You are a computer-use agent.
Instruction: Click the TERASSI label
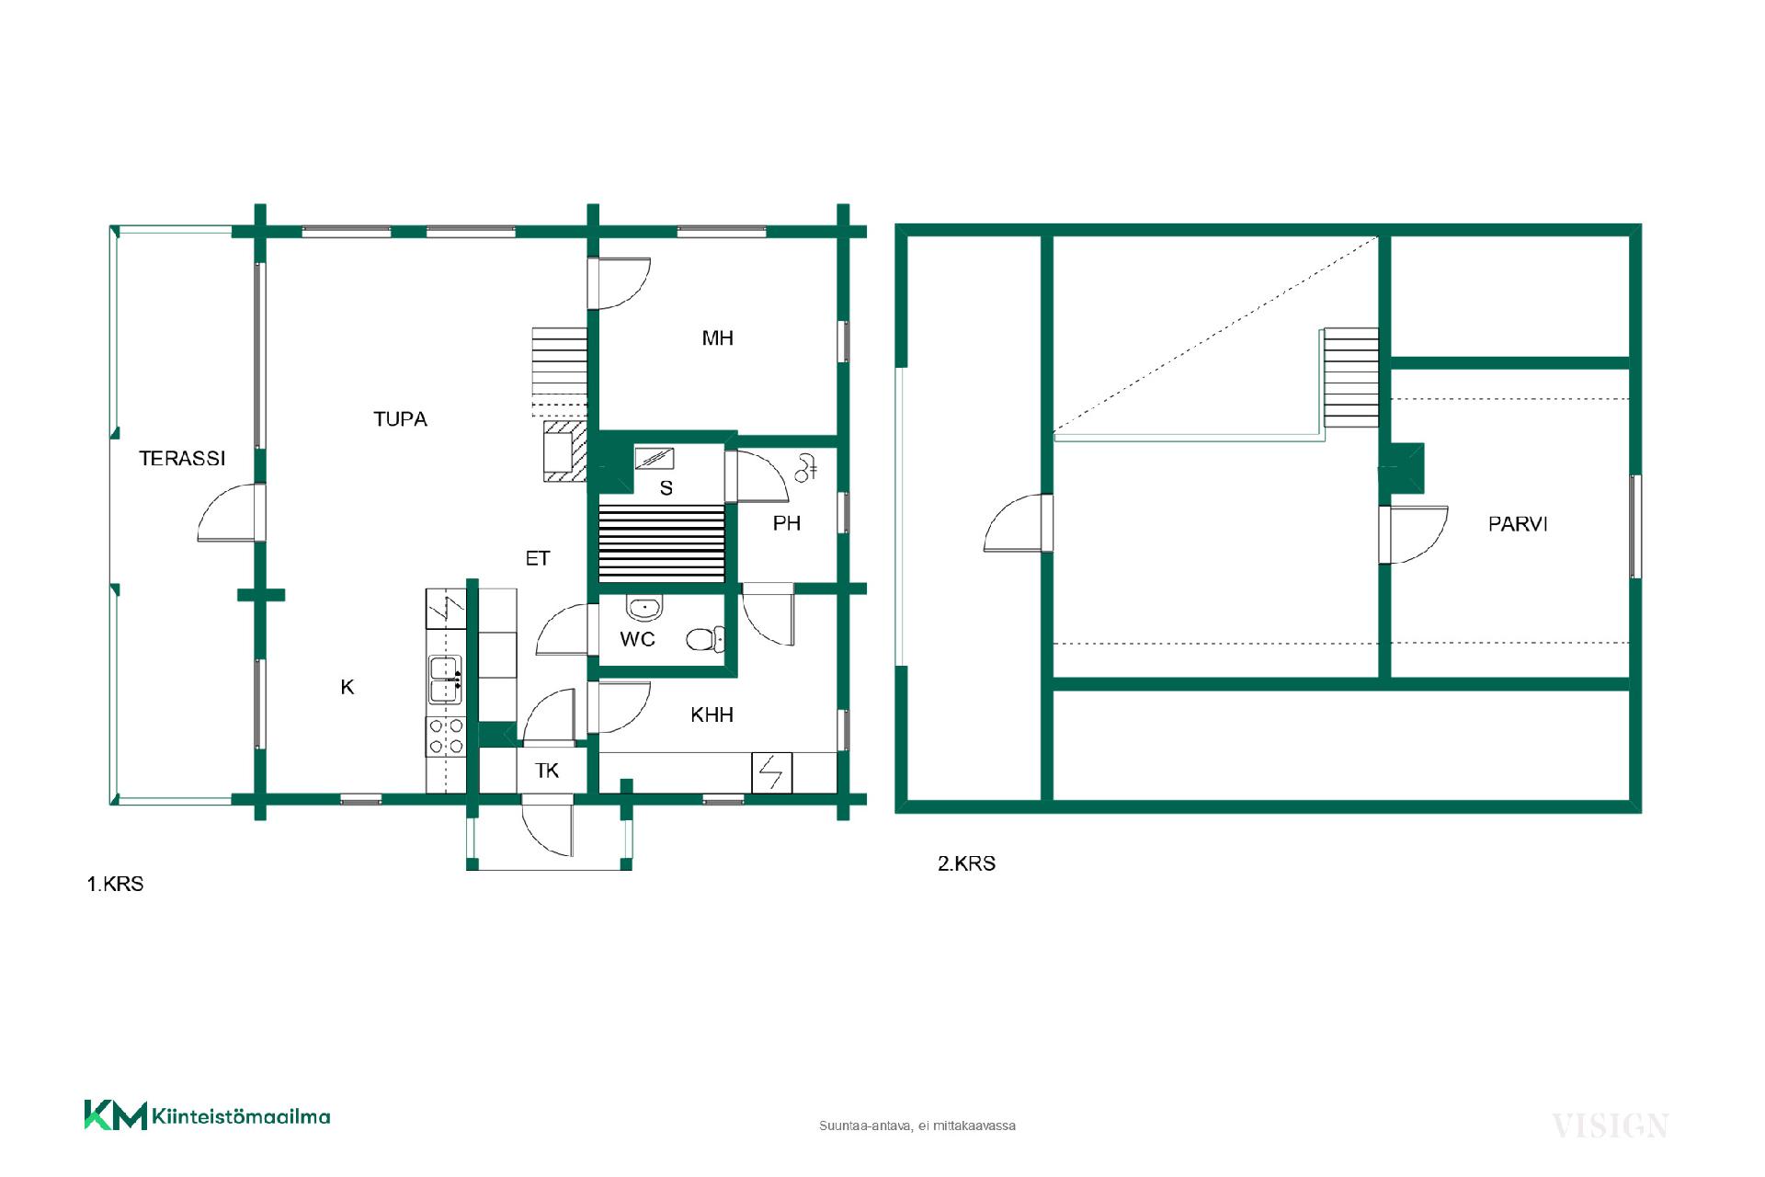182,458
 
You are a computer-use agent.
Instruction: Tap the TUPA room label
400,419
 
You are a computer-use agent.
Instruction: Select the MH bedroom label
718,338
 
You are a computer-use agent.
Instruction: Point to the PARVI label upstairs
1518,524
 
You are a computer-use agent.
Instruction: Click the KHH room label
712,714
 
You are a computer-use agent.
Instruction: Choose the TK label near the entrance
547,771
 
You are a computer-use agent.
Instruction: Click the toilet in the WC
705,638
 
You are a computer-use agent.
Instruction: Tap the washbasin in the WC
644,608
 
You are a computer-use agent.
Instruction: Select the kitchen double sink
446,680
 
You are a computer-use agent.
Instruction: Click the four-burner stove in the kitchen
446,737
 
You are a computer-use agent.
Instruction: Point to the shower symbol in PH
806,468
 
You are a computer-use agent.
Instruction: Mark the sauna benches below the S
662,543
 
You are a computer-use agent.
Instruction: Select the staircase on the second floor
1350,378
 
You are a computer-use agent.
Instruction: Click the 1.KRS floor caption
115,885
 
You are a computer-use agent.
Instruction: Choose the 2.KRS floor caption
966,863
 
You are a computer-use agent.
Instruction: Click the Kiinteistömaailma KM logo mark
116,1114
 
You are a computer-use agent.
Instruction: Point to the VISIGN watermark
1610,1126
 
